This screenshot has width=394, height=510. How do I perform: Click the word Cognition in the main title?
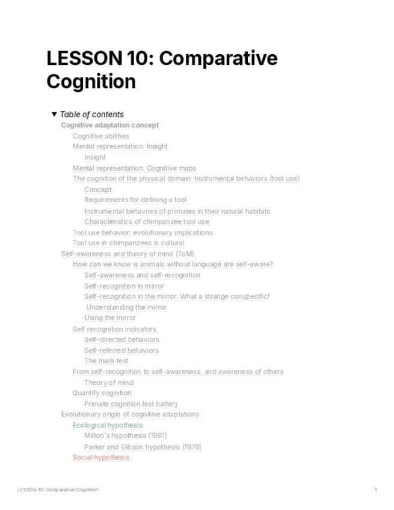click(x=91, y=81)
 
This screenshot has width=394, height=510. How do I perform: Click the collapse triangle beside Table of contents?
click(x=54, y=114)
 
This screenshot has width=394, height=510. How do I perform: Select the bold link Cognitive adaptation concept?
click(x=110, y=125)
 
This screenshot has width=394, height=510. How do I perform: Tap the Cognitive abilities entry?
click(x=101, y=136)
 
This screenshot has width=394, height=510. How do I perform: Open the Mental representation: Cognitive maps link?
click(x=134, y=168)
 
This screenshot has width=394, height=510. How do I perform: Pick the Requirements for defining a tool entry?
click(x=135, y=200)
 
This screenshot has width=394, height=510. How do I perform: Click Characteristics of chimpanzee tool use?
click(x=147, y=221)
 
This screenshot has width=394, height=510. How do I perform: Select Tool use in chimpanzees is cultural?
click(x=129, y=243)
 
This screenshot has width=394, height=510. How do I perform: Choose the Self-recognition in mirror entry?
click(x=124, y=286)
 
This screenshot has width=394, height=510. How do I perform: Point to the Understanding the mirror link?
click(x=126, y=307)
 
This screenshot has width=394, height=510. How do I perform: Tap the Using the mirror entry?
click(x=110, y=318)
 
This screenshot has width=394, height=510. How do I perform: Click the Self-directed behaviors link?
click(x=122, y=339)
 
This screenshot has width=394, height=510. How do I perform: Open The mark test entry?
click(x=106, y=361)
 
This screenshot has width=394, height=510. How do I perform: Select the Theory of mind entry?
click(x=109, y=382)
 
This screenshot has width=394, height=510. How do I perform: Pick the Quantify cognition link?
click(x=102, y=393)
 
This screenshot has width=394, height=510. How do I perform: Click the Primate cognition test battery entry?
click(x=131, y=404)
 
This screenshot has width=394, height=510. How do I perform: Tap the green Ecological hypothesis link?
click(x=108, y=425)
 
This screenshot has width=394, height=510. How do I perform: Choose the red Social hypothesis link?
click(x=100, y=457)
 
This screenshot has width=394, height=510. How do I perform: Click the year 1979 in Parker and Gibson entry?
click(x=191, y=447)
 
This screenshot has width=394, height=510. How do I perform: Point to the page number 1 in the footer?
click(x=376, y=490)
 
